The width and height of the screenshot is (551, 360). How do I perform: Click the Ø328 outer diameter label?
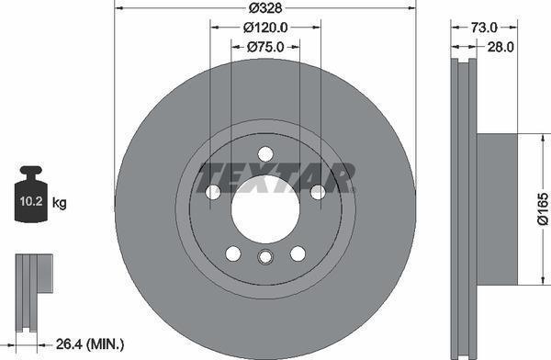tap(264, 9)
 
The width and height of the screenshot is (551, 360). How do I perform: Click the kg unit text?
tap(60, 201)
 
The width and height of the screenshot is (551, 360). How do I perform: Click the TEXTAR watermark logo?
tap(276, 174)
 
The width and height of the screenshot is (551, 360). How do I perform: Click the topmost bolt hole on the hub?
tap(264, 153)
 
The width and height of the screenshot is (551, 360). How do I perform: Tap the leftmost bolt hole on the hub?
tap(212, 192)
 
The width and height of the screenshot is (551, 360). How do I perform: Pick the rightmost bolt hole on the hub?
tap(317, 192)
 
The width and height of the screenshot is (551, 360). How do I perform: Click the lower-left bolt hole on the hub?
tap(232, 253)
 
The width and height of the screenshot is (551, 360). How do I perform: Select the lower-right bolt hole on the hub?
tap(298, 253)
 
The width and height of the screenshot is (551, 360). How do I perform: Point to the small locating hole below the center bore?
tap(264, 258)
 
